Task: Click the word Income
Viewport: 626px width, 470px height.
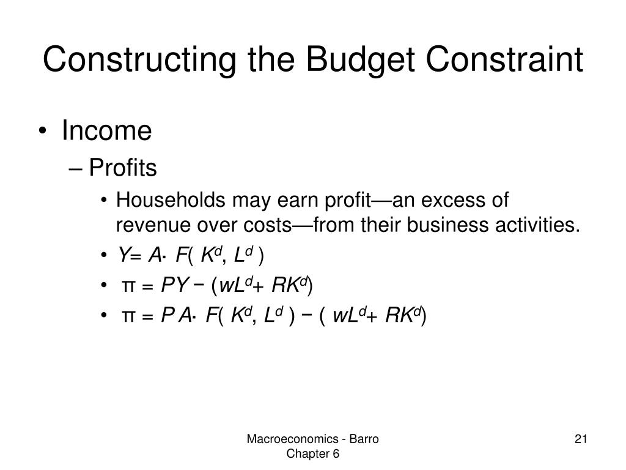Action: pos(106,130)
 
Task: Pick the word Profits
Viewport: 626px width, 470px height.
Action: pos(123,167)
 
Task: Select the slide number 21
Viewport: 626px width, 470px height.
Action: pos(581,439)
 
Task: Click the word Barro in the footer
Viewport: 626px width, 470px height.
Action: pos(364,439)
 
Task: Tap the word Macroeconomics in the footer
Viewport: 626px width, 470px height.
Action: pos(293,439)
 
